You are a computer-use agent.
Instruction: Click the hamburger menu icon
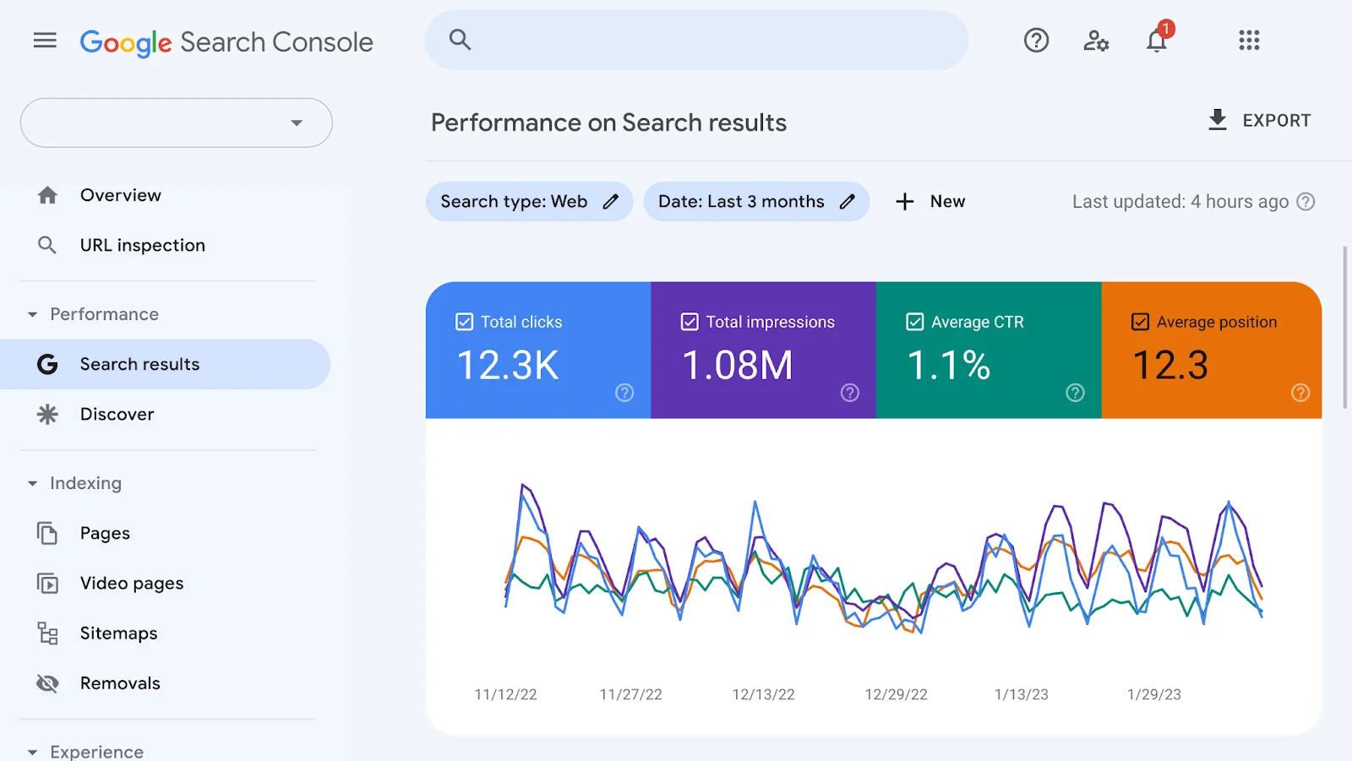click(x=45, y=41)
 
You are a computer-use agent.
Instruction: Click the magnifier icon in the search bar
click(x=460, y=40)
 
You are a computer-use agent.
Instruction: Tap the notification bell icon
click(x=1156, y=41)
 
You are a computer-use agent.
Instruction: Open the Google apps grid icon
click(x=1249, y=41)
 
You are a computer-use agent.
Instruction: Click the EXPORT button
click(x=1260, y=121)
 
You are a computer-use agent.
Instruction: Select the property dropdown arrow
click(x=297, y=123)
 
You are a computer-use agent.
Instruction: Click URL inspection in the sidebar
click(x=142, y=245)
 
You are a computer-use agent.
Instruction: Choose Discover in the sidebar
click(x=117, y=414)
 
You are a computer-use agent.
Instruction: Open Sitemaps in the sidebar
click(x=118, y=633)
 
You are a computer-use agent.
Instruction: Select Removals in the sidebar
click(x=120, y=682)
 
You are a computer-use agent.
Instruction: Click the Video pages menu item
click(x=131, y=583)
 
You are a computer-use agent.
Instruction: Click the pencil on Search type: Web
click(x=611, y=202)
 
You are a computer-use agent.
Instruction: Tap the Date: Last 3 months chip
click(x=740, y=202)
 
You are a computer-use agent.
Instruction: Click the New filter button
click(x=930, y=202)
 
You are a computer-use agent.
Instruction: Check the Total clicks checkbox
click(x=465, y=322)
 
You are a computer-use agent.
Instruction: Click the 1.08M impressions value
click(x=737, y=366)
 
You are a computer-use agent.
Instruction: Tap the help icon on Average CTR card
click(x=1075, y=393)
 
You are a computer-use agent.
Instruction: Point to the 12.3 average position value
click(x=1170, y=366)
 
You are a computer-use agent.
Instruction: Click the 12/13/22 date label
click(x=763, y=694)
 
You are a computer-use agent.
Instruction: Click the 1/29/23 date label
click(x=1153, y=694)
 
